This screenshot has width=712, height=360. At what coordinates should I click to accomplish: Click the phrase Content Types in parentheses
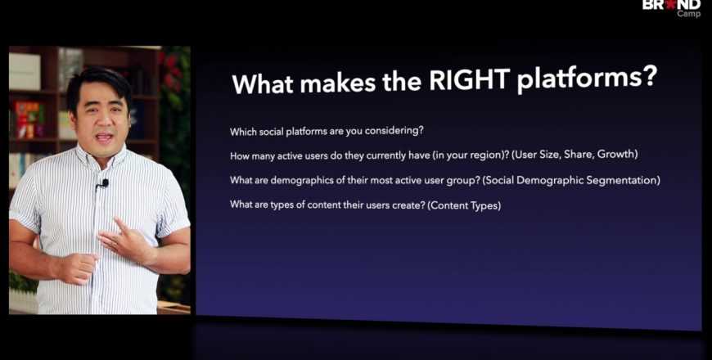464,205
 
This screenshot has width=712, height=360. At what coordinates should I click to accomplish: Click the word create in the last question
411,205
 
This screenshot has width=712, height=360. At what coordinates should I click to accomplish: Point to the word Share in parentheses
577,155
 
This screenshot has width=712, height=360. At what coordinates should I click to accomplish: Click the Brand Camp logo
672,8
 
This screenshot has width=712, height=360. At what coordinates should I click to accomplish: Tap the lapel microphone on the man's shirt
104,183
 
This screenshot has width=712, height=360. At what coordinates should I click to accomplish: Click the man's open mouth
104,137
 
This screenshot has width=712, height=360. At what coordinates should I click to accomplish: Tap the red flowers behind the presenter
172,72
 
